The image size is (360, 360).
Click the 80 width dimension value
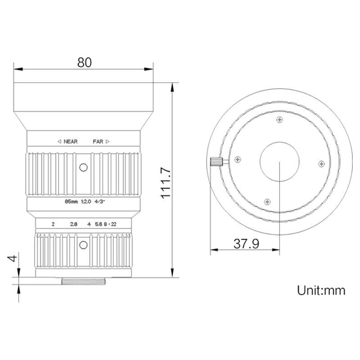tap(84, 62)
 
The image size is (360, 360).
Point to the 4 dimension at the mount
tap(13, 260)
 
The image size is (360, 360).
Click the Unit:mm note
tap(321, 290)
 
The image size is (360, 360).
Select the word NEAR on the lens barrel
tap(70, 141)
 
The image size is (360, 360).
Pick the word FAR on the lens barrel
tap(98, 141)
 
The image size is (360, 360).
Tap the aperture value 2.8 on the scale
tap(73, 224)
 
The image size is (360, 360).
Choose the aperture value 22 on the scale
tap(114, 224)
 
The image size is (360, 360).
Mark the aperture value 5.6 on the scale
tap(99, 224)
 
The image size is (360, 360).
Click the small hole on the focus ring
tap(83, 168)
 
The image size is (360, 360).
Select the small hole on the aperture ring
tap(83, 245)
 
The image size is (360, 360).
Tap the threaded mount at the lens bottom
tap(83, 282)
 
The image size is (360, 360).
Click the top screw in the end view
tap(280, 120)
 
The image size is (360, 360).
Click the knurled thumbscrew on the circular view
tap(216, 162)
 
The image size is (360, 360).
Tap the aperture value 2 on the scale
tap(53, 224)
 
